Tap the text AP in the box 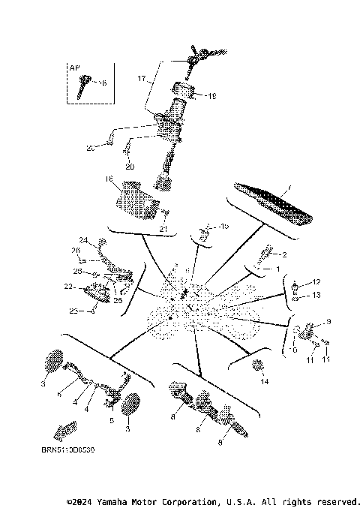pyautogui.click(x=74, y=68)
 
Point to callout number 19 pyautogui.click(x=212, y=95)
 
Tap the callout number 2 pyautogui.click(x=284, y=254)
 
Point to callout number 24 pyautogui.click(x=84, y=241)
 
